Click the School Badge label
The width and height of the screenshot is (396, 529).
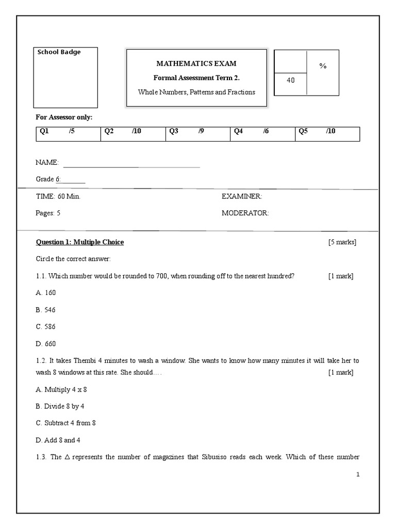[58, 52]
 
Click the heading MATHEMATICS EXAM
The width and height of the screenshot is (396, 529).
[196, 64]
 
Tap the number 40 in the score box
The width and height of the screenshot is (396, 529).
[291, 80]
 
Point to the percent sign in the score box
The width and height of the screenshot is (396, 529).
[323, 66]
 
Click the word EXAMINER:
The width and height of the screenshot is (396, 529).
[242, 197]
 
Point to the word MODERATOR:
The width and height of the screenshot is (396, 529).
[245, 213]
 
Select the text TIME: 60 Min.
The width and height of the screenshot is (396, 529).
[58, 197]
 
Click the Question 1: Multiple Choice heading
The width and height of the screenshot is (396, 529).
[80, 242]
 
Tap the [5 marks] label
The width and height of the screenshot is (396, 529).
[342, 242]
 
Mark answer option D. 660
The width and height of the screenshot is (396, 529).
[46, 344]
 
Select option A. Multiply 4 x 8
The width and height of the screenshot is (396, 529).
[61, 390]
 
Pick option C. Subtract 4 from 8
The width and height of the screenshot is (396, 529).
[65, 423]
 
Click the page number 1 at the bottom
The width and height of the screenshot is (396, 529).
[357, 475]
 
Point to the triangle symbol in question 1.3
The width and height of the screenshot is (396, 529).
[68, 457]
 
